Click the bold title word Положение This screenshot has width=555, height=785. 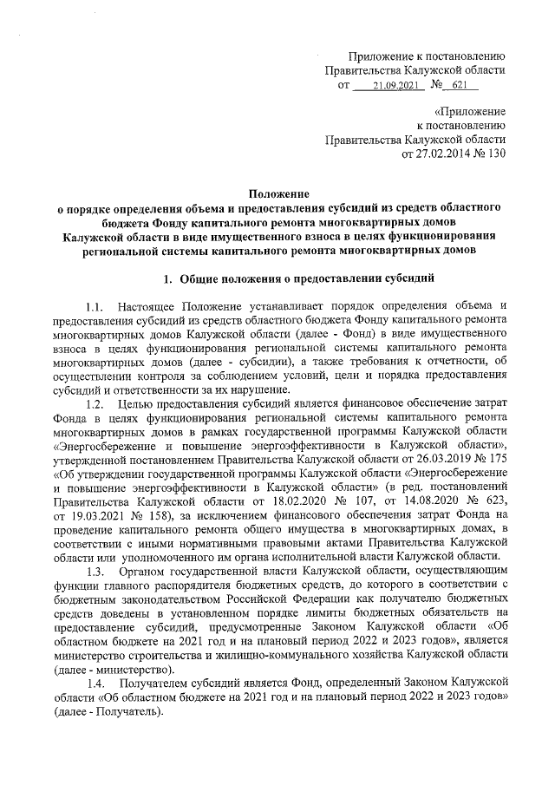coord(277,194)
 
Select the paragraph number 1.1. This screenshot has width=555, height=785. coord(95,307)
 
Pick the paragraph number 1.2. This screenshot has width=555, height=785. coord(95,403)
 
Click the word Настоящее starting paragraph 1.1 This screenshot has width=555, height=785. coord(153,307)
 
